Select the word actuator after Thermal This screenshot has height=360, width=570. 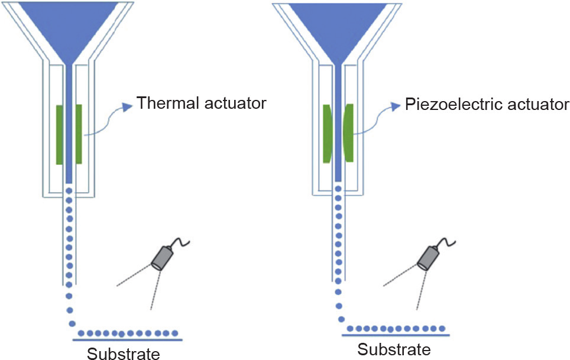[235, 103]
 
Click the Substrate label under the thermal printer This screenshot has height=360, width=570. [123, 353]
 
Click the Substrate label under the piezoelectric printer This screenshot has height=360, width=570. [394, 349]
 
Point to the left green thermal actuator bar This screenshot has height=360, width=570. [60, 134]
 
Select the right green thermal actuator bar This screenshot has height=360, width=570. [79, 134]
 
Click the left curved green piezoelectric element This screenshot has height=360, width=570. [327, 134]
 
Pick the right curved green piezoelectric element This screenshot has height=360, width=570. [348, 132]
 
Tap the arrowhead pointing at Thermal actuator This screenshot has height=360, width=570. [127, 107]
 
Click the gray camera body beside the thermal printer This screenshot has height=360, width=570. [162, 258]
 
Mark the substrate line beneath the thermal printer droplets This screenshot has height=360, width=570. [128, 340]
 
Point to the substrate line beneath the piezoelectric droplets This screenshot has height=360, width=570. [396, 335]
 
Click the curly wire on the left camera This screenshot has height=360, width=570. [181, 242]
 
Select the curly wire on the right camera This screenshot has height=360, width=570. [447, 242]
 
